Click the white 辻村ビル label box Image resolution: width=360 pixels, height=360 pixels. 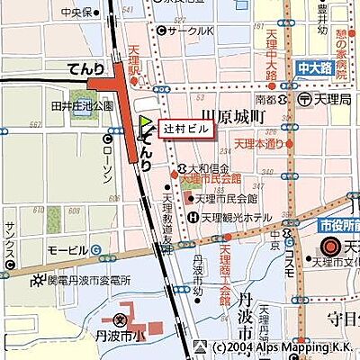(x=187, y=129)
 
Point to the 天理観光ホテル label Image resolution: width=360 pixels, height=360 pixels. (x=235, y=217)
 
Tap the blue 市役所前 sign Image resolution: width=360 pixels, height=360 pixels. (x=339, y=226)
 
